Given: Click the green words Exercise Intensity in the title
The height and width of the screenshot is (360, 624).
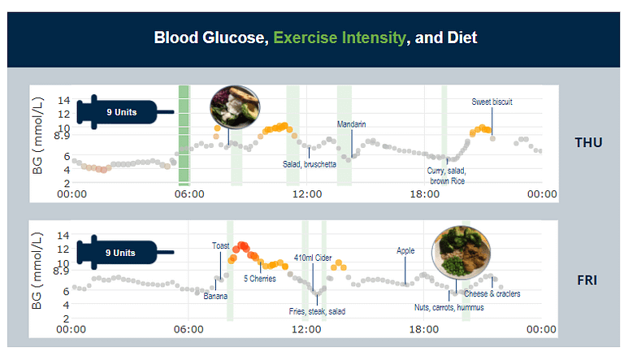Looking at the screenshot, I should tap(340, 37).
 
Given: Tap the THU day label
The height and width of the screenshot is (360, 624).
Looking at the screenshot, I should tap(588, 143).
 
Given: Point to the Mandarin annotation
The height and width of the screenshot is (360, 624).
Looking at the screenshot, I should tap(352, 124).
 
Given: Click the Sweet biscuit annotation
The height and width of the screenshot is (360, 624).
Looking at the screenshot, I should tap(492, 102).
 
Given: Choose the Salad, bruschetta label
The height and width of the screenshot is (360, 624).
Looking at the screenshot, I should tap(310, 164).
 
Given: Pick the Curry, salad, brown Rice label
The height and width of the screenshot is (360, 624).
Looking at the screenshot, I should tap(448, 176).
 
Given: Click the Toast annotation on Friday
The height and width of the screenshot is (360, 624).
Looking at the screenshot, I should tap(220, 245).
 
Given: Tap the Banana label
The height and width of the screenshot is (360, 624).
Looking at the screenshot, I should tap(215, 296).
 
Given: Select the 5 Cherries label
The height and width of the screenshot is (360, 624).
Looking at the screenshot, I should tap(260, 278).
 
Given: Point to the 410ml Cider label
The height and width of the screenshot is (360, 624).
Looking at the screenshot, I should tap(313, 258).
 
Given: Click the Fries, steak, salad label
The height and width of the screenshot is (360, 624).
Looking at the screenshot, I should tap(317, 311).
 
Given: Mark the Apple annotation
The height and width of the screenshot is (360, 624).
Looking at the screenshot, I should tap(405, 251).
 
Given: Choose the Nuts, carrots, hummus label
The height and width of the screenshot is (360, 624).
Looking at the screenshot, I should tap(448, 308).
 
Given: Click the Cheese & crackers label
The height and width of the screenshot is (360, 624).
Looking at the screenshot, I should tap(492, 294).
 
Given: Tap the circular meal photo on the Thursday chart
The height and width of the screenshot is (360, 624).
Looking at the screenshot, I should tap(233, 106).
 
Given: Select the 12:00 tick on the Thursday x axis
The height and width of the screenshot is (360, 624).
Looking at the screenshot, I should tap(307, 194).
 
